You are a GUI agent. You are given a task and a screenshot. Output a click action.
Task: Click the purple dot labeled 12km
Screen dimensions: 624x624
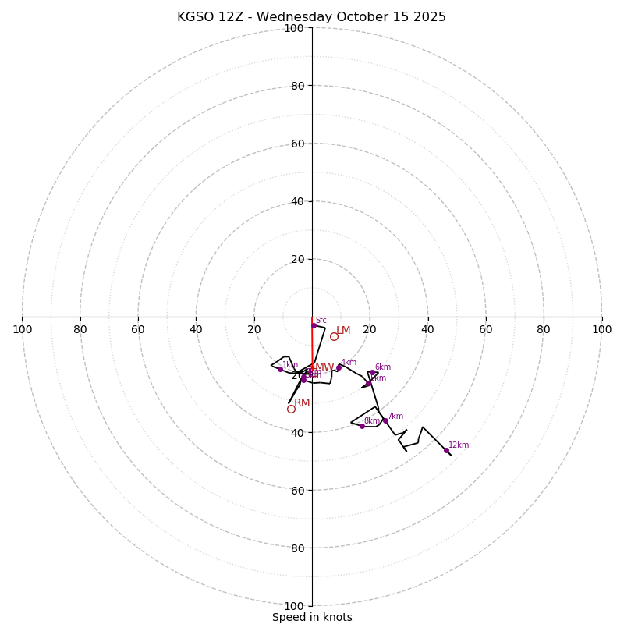click(446, 450)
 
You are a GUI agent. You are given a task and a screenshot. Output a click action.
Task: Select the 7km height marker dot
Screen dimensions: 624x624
click(385, 420)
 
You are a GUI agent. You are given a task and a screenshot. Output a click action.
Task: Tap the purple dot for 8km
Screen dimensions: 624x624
click(362, 426)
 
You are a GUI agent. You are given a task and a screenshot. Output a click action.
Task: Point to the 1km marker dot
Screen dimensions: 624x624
click(280, 369)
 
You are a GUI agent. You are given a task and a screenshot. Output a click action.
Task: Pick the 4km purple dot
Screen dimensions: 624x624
click(339, 367)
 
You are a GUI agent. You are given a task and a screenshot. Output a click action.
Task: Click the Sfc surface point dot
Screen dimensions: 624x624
click(314, 325)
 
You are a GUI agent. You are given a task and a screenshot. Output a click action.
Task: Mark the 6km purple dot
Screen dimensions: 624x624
click(373, 373)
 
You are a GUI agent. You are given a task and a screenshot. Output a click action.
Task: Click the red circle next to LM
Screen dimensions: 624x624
click(334, 336)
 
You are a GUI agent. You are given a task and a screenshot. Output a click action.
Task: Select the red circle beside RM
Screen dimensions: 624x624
click(291, 409)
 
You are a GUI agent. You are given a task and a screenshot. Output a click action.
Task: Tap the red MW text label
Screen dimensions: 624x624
click(324, 367)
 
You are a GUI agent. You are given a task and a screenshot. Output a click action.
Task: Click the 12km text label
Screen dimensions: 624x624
click(459, 445)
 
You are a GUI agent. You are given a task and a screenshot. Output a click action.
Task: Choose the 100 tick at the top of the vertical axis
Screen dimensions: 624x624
click(294, 28)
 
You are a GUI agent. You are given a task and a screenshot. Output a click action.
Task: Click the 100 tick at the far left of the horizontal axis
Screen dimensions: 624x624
click(23, 329)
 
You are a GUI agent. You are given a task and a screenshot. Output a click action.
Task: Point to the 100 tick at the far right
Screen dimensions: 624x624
click(601, 329)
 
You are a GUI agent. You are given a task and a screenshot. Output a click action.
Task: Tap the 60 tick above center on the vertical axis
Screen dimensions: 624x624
click(296, 144)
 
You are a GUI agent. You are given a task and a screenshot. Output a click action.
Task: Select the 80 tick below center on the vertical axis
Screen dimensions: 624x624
click(296, 548)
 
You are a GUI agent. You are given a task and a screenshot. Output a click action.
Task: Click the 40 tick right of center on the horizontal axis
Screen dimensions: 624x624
click(427, 329)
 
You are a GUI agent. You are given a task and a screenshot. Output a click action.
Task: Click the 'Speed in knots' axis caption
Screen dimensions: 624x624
click(312, 617)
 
